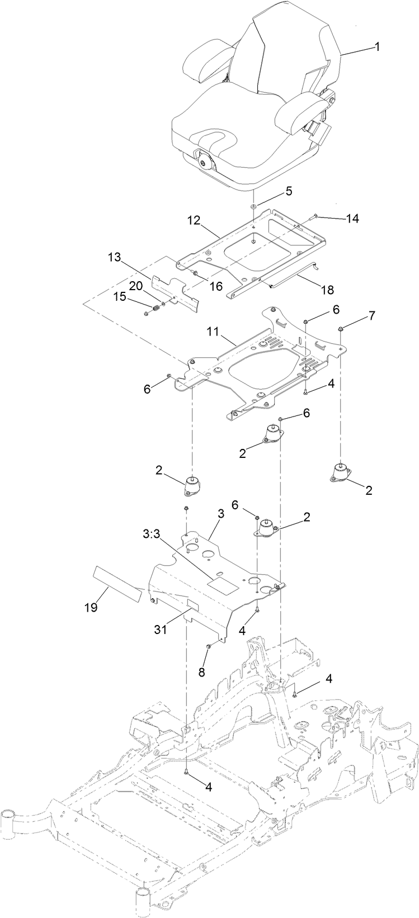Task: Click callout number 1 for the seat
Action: pyautogui.click(x=377, y=47)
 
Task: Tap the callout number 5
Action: pyautogui.click(x=288, y=191)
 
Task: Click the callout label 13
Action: pyautogui.click(x=114, y=257)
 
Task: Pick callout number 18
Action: pyautogui.click(x=327, y=290)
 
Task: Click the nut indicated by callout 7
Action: pyautogui.click(x=340, y=328)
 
